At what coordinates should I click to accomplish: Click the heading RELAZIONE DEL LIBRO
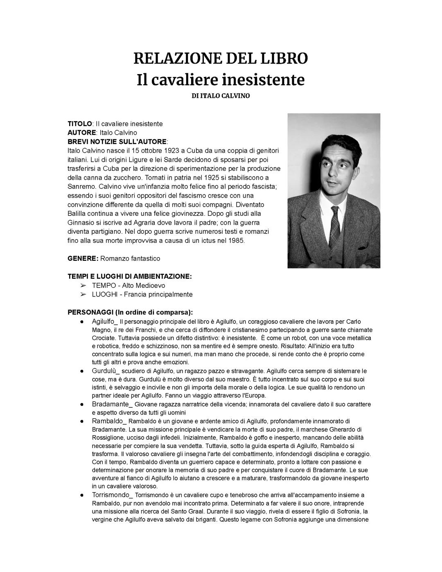click(x=221, y=59)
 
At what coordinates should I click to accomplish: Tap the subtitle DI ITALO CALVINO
click(x=221, y=96)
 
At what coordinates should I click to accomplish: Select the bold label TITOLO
click(x=80, y=124)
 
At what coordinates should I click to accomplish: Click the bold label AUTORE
click(x=82, y=133)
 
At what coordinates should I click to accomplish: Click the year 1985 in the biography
click(x=236, y=240)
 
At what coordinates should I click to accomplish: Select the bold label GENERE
click(x=83, y=258)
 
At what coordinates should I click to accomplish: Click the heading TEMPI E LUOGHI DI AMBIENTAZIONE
click(x=129, y=276)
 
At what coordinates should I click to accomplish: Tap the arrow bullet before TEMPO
click(x=83, y=285)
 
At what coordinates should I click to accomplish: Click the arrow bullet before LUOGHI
click(x=83, y=294)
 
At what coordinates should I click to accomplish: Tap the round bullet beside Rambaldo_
click(x=82, y=421)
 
